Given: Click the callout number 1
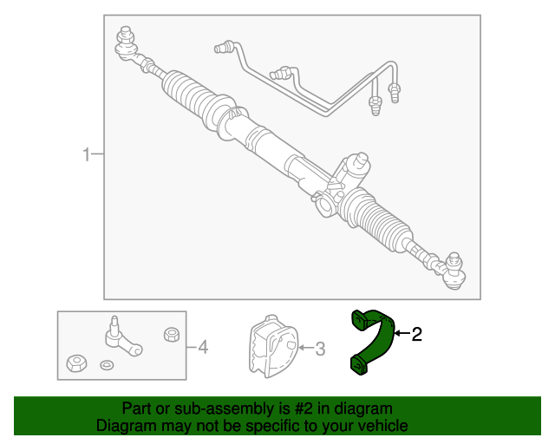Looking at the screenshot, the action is coord(86,154).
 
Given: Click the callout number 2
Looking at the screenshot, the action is coord(416,334).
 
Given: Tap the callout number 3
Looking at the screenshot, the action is coord(320,349).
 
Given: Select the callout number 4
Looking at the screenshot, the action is coord(203,347).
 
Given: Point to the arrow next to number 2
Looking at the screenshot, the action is coord(402,333).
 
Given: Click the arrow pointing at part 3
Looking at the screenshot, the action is coord(306,348).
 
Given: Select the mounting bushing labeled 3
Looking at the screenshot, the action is coord(273,346).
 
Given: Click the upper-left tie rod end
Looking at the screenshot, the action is coord(127,46).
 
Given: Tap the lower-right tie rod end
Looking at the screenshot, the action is coord(450,271).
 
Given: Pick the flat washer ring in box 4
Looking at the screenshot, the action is coord(107,365).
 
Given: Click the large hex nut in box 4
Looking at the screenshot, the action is coord(76,363).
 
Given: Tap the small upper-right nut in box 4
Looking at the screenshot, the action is coord(172,335).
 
